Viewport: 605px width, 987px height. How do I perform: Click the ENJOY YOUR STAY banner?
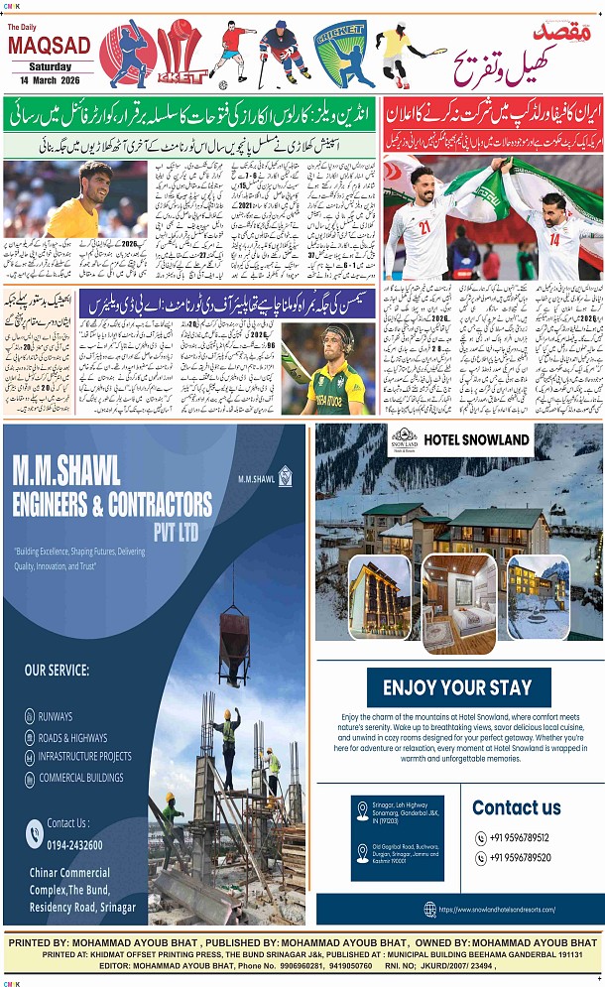click(x=457, y=687)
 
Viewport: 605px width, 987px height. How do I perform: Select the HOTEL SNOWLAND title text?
click(x=476, y=438)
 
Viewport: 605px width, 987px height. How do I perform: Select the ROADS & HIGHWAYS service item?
click(x=72, y=738)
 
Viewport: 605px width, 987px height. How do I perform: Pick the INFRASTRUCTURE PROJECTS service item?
click(x=84, y=757)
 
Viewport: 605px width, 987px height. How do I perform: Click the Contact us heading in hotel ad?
click(x=517, y=807)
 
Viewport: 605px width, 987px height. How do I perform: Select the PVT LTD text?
click(x=176, y=533)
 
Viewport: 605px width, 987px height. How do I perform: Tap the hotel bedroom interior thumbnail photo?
click(x=458, y=602)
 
